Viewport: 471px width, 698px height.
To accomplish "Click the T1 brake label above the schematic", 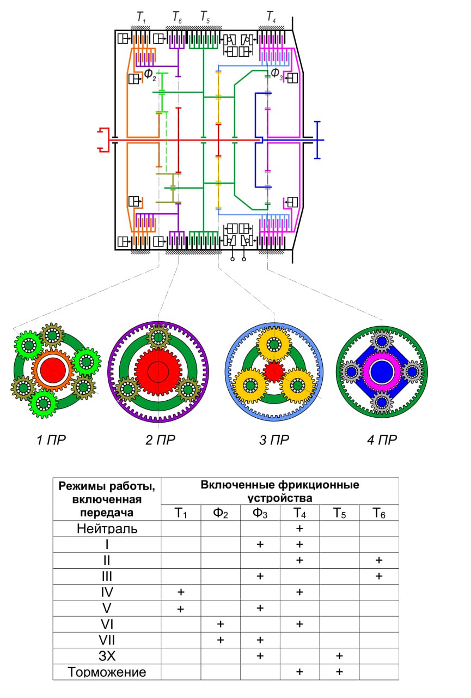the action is pyautogui.click(x=141, y=17).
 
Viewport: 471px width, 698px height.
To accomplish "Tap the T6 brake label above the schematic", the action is pyautogui.click(x=178, y=17).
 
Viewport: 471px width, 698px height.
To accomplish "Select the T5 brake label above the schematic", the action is pyautogui.click(x=205, y=16).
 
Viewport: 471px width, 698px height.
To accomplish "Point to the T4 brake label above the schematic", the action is pyautogui.click(x=271, y=16).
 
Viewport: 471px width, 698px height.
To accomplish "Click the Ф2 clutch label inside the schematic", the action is pyautogui.click(x=150, y=75).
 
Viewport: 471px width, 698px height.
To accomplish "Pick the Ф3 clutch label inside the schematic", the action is pyautogui.click(x=277, y=74).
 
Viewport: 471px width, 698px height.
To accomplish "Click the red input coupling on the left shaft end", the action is pyautogui.click(x=103, y=140).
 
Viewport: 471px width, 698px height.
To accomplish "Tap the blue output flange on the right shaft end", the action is pyautogui.click(x=317, y=140).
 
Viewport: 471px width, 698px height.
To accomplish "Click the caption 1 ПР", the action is pyautogui.click(x=51, y=440).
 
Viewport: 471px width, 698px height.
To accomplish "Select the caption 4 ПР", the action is pyautogui.click(x=382, y=440).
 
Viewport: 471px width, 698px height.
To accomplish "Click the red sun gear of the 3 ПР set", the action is pyautogui.click(x=274, y=372).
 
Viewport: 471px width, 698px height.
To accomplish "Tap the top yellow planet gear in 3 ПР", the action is pyautogui.click(x=274, y=344).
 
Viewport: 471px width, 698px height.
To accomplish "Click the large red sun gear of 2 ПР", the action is pyautogui.click(x=158, y=371).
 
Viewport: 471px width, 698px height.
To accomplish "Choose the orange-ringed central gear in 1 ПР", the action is pyautogui.click(x=53, y=370).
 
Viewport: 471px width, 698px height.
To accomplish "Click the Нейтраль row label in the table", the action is pyautogui.click(x=107, y=529).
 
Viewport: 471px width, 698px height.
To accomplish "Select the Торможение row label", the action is pyautogui.click(x=107, y=672).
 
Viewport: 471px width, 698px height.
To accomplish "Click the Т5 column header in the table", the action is pyautogui.click(x=339, y=513).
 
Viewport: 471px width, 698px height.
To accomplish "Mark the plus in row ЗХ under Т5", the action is pyautogui.click(x=339, y=656).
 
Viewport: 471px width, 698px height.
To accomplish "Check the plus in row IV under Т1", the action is pyautogui.click(x=181, y=592).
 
